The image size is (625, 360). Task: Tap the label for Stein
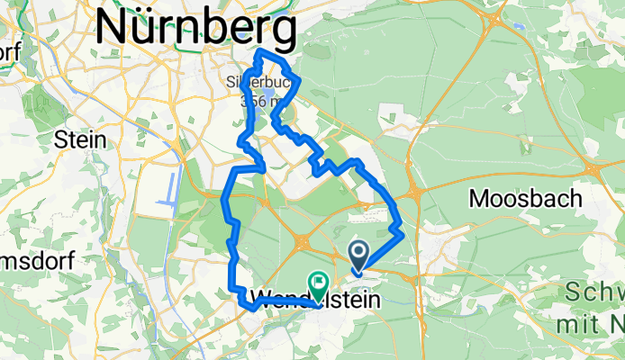[80, 139]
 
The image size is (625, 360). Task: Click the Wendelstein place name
[312, 298]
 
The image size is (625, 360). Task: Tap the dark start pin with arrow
[358, 257]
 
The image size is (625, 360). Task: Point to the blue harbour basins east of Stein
[170, 189]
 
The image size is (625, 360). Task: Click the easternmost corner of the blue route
[401, 233]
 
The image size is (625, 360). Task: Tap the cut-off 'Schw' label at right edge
[595, 293]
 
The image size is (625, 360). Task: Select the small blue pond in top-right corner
[520, 26]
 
